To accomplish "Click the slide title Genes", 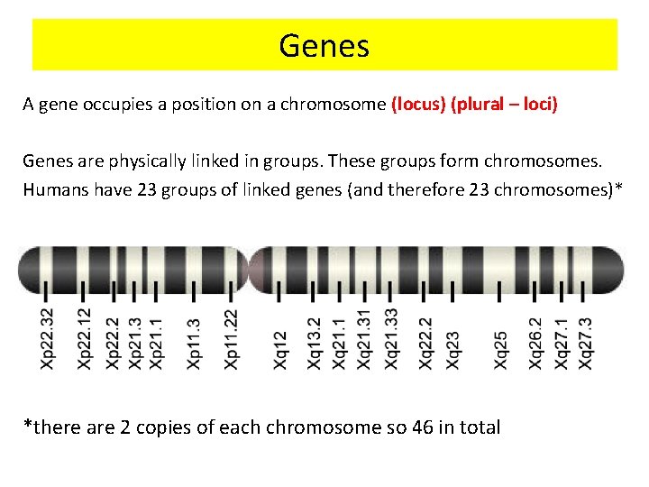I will (324, 45).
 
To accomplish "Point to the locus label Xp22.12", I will (84, 338).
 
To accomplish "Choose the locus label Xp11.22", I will (231, 338).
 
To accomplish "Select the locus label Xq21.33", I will (391, 338).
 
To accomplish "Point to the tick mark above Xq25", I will (500, 291).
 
